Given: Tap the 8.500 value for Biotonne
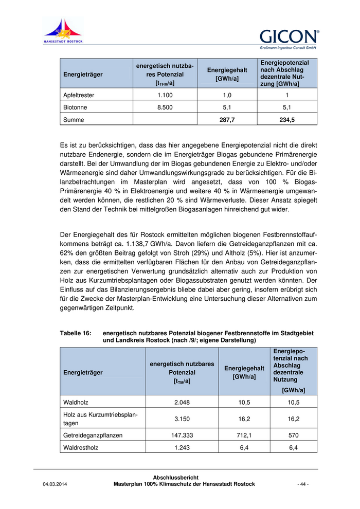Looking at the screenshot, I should coord(165,108).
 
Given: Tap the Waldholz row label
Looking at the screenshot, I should coord(75,403).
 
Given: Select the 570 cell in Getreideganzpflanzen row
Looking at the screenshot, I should coord(293,435).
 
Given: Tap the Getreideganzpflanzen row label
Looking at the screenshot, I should coord(93,435).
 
